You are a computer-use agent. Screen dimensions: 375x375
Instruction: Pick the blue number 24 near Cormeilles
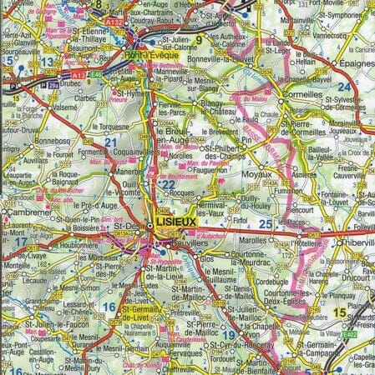[x=343, y=86]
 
